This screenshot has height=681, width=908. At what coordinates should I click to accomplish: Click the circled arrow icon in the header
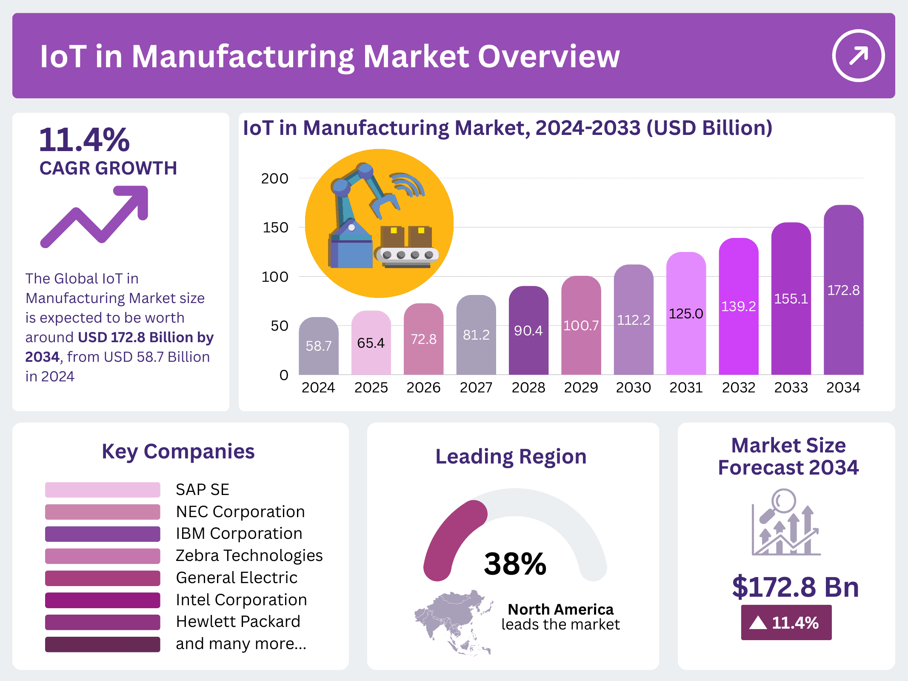tap(858, 56)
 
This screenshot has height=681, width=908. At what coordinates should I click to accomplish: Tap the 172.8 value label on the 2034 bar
tap(843, 290)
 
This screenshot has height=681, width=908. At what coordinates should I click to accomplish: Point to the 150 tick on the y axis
tap(275, 228)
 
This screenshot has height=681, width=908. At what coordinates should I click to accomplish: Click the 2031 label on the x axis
tap(686, 387)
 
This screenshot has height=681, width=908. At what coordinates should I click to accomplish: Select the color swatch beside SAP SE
tap(103, 490)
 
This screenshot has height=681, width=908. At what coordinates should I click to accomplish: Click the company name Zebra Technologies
tap(249, 555)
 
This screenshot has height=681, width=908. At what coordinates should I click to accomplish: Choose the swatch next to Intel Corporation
tap(103, 600)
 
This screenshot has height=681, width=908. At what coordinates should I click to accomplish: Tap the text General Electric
tap(237, 578)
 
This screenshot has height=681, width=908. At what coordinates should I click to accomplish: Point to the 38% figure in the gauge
tap(515, 564)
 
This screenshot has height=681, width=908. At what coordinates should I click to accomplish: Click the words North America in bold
tap(560, 609)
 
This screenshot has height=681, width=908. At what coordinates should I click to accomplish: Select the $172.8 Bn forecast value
tap(795, 587)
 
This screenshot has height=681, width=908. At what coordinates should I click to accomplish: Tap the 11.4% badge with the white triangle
tap(786, 623)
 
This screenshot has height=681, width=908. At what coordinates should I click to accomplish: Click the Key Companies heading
tap(178, 451)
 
